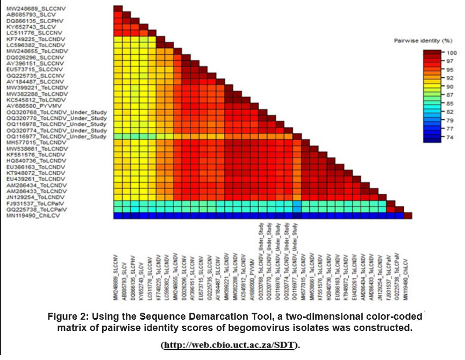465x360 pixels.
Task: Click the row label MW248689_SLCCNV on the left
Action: click(26, 9)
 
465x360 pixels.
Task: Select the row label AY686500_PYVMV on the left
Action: click(26, 106)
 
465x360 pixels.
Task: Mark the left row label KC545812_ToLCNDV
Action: click(29, 100)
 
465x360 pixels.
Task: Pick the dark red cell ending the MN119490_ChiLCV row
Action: click(408, 215)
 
